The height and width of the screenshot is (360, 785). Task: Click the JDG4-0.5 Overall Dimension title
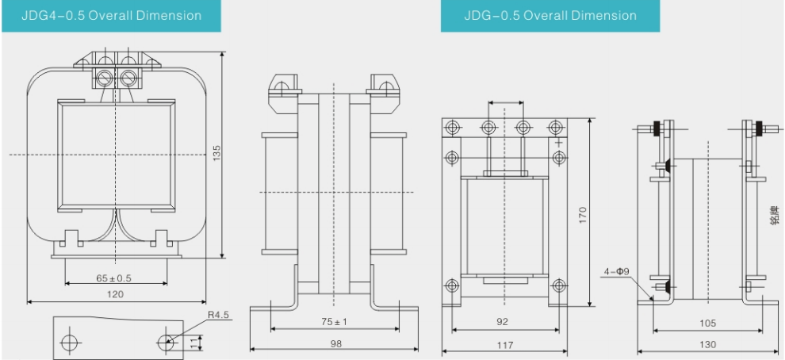pos(111,15)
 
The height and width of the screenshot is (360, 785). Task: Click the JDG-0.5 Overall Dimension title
pos(550,15)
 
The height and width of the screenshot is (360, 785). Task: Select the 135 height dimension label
pos(216,153)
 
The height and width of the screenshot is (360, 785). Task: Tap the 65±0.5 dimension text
pos(113,278)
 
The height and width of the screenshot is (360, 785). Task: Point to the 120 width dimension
pos(115,294)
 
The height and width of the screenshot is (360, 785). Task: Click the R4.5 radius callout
pos(218,315)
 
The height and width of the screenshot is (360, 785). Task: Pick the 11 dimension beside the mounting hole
pos(193,343)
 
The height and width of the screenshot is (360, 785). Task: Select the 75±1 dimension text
pos(334,321)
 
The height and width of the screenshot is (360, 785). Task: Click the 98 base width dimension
pos(334,344)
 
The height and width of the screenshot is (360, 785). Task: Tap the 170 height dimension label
pos(582,215)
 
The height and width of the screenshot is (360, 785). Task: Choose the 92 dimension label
pos(502,322)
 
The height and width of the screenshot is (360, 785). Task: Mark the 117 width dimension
pos(505,345)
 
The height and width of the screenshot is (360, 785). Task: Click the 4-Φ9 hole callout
pos(616,272)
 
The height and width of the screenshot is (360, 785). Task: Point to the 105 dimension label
pos(707,323)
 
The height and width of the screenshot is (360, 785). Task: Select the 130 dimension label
pos(708,344)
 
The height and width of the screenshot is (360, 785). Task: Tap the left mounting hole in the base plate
pos(70,343)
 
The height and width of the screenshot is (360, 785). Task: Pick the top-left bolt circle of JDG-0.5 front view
pos(452,127)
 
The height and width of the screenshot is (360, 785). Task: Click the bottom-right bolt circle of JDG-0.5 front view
pos(559,286)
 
